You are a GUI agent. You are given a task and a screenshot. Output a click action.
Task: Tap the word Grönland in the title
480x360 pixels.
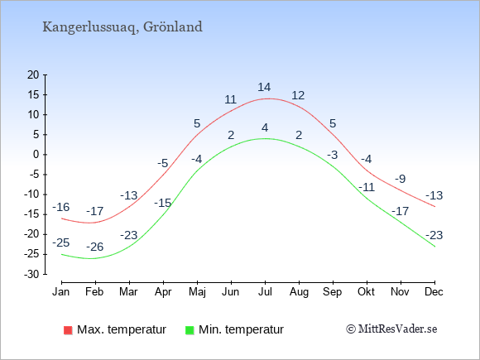coord(173,26)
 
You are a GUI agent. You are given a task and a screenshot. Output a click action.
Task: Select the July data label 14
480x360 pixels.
coord(264,87)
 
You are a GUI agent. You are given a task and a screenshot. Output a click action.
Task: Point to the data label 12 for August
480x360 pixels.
coord(298,95)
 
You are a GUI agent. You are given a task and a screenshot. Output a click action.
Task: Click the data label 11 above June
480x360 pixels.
coord(230,99)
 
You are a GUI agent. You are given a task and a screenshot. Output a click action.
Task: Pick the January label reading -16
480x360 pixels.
coord(61,207)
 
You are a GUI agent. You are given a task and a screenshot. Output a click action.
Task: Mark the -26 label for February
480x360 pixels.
coord(95,247)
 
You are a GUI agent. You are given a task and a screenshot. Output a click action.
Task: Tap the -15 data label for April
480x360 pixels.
coord(162,203)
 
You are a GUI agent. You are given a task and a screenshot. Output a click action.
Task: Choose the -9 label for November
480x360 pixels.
coord(401,179)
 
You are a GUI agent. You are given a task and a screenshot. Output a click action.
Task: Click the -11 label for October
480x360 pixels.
coord(367,187)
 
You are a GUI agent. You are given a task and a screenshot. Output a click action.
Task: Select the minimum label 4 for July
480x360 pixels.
coord(265,127)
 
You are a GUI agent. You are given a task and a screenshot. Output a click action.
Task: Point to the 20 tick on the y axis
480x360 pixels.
coord(33,74)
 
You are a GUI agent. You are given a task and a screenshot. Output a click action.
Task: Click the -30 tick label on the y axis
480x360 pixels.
coord(31,274)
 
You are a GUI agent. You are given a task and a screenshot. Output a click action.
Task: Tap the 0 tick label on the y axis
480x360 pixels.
coord(36,155)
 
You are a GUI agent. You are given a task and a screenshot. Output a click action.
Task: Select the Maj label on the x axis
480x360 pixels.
coord(197,292)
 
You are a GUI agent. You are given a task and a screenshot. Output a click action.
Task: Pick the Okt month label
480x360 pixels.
coord(367,292)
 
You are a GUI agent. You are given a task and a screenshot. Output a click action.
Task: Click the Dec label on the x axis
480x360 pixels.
coord(434,292)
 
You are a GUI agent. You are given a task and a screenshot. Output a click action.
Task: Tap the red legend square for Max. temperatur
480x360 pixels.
coord(68,330)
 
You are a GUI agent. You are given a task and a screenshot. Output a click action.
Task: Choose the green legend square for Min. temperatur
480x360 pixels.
coord(190,330)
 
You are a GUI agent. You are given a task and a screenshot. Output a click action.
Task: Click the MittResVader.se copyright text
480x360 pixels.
coord(391,329)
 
